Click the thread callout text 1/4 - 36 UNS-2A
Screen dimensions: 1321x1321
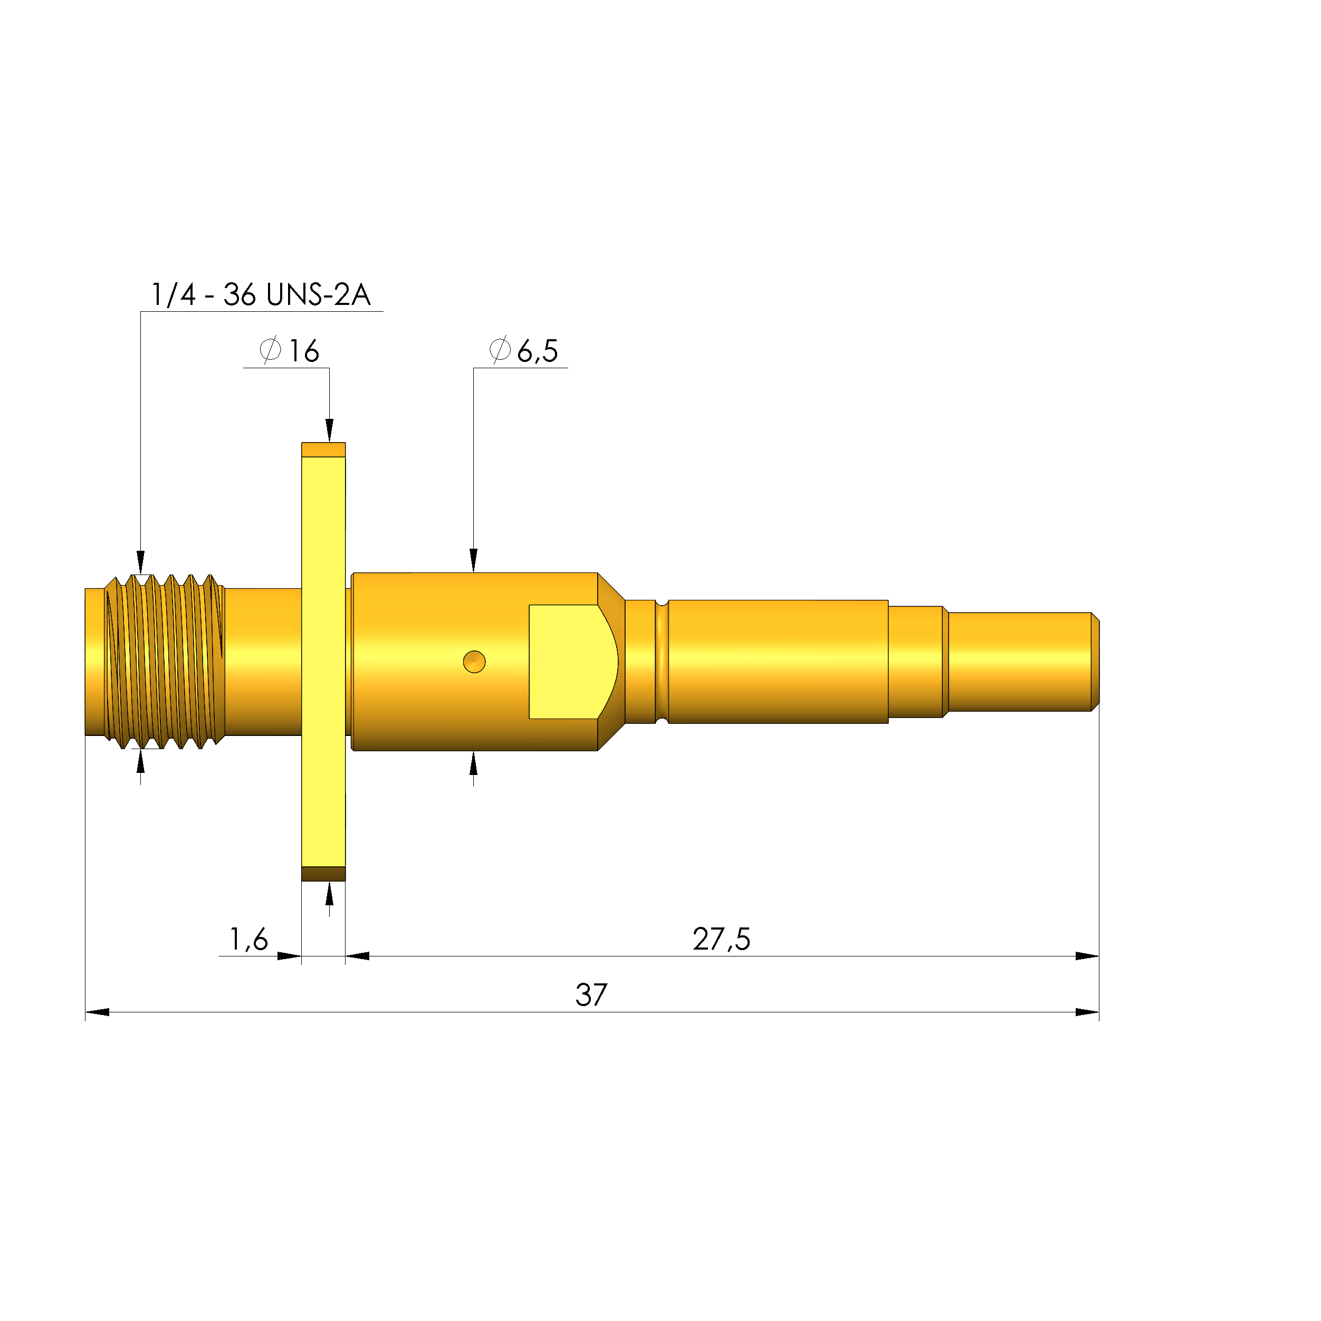click(x=261, y=295)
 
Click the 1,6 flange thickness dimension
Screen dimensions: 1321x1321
click(x=248, y=940)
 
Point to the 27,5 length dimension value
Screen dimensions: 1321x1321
click(x=721, y=940)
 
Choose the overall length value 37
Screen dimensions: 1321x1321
click(x=591, y=995)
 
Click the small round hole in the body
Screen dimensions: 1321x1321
click(x=474, y=662)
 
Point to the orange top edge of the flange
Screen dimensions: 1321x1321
click(x=323, y=450)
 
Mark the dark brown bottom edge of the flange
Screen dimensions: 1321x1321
click(x=323, y=874)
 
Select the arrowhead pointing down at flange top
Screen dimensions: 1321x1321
click(x=330, y=431)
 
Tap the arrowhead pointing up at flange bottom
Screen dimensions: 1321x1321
click(x=330, y=893)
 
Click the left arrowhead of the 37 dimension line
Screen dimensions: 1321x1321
click(x=97, y=1012)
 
